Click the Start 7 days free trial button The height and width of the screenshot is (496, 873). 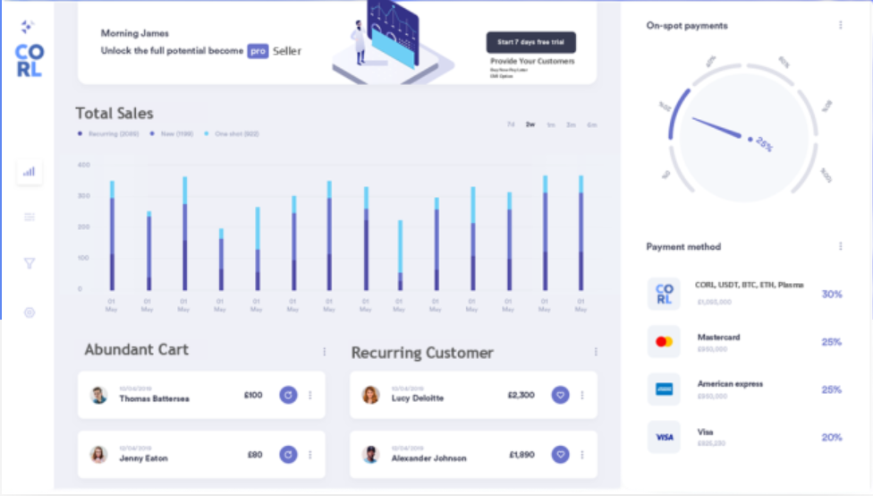530,42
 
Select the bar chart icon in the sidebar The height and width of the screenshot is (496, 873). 30,171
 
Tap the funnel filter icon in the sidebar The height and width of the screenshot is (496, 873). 30,263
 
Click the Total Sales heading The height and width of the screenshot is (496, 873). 114,114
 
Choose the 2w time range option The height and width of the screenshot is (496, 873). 530,124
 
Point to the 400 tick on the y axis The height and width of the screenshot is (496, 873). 84,166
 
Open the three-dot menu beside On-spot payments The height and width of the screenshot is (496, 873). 841,25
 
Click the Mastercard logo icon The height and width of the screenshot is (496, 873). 664,342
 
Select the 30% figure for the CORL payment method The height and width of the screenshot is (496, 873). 832,295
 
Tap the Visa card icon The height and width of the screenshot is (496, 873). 664,437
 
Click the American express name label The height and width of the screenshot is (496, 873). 730,384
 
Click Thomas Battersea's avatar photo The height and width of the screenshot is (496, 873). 98,395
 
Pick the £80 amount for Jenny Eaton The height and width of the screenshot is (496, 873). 255,455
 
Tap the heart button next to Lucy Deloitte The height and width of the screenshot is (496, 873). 561,395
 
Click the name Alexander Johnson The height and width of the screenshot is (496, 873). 428,458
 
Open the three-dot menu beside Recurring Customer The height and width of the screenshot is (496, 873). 596,352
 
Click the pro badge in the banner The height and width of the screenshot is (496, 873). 259,51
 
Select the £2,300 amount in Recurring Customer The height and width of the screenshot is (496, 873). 521,395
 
